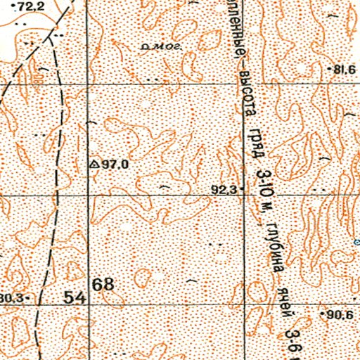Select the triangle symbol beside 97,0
pyautogui.click(x=94, y=164)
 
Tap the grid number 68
pyautogui.click(x=103, y=285)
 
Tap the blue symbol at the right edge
pyautogui.click(x=356, y=242)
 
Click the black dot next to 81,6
pyautogui.click(x=330, y=69)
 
